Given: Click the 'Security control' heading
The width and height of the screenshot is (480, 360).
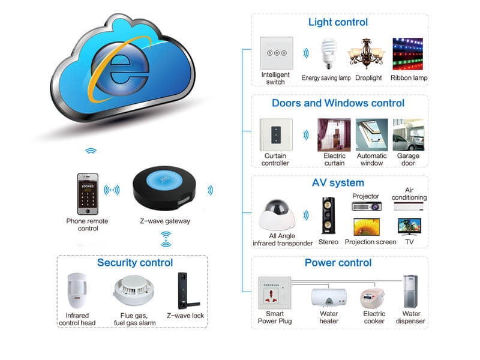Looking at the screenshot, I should click(x=134, y=263).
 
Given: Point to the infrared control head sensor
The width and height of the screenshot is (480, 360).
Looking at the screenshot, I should click(x=76, y=290).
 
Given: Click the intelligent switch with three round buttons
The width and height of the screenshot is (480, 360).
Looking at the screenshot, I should click(x=275, y=53).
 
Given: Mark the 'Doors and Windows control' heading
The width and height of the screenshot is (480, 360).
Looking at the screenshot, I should click(x=338, y=103).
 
